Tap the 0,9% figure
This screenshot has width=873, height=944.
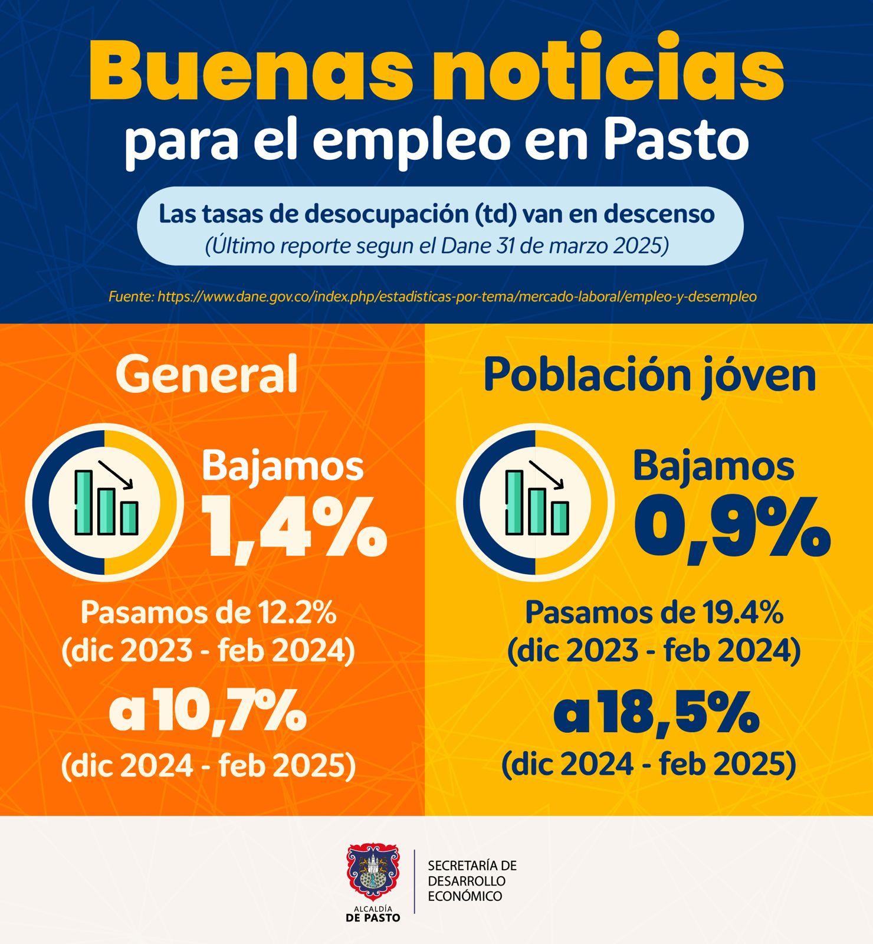coord(732,526)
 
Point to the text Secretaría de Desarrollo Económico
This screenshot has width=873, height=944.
coord(472,881)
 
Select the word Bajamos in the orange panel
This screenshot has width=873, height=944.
coord(283,466)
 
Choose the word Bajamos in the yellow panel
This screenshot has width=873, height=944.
coord(713,466)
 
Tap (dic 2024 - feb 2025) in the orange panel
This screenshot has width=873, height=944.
coord(208,766)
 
